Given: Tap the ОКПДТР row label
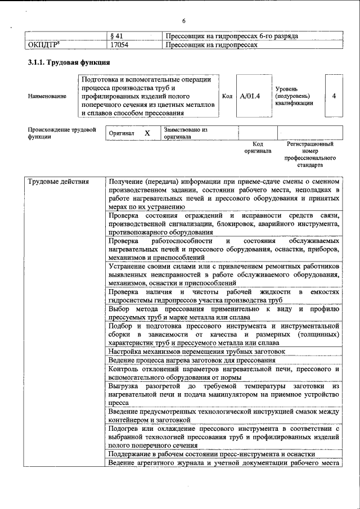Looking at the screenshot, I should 45,44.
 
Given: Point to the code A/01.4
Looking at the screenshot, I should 250,96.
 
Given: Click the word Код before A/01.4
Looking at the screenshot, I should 227,96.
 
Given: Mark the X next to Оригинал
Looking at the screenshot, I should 147,133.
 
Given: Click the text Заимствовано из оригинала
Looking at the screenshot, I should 185,133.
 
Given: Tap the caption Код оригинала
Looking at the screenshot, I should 258,147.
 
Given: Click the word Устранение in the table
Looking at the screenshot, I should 131,265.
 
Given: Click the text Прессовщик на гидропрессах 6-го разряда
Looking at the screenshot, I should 232,36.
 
